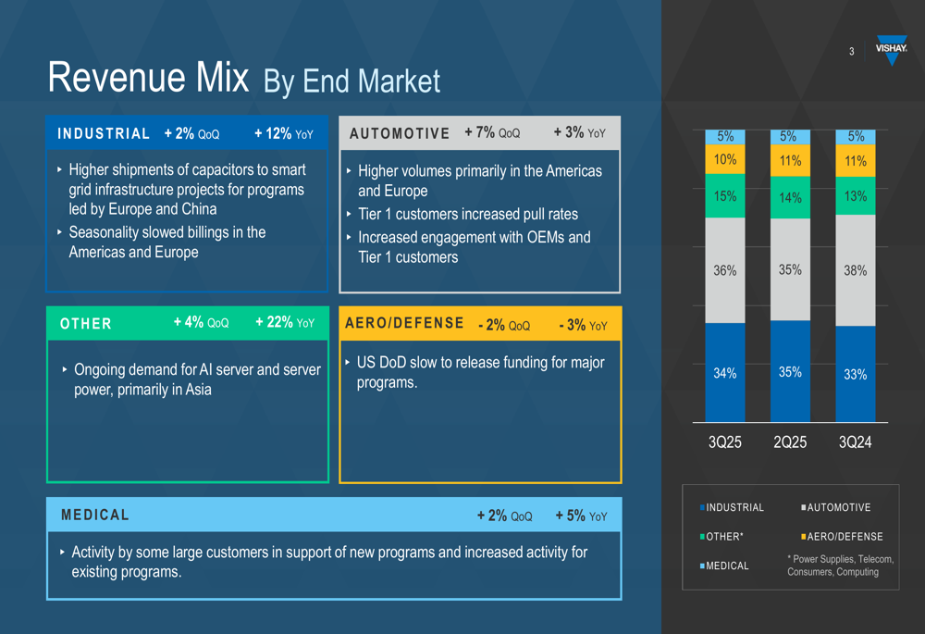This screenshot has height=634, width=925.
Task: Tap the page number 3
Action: tap(852, 52)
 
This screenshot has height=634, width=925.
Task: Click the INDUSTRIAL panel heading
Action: tap(104, 134)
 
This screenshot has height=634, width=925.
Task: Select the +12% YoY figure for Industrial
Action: tap(283, 134)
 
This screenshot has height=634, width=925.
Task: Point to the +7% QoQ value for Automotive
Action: tap(492, 133)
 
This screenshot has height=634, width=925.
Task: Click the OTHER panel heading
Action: tap(86, 324)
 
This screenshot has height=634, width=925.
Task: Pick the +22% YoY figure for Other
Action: tap(285, 323)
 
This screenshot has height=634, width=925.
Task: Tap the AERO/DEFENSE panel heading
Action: tap(404, 323)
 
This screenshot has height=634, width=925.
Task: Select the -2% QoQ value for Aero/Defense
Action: tap(504, 326)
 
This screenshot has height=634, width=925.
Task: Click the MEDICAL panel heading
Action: tap(95, 515)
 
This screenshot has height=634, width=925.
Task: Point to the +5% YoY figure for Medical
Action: tap(581, 516)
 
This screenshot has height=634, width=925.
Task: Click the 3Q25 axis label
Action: tap(725, 442)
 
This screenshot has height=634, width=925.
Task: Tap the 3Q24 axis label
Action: tap(855, 442)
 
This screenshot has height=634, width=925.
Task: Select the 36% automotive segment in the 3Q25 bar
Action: tap(725, 270)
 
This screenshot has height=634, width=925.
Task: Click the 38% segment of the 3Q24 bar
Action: tap(855, 270)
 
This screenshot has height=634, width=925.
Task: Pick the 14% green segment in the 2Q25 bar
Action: tap(790, 197)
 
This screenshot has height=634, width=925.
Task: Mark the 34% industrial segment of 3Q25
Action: tap(725, 373)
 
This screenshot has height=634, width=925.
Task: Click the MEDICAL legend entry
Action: tap(727, 566)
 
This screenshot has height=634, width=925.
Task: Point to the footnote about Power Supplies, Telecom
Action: tap(840, 566)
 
